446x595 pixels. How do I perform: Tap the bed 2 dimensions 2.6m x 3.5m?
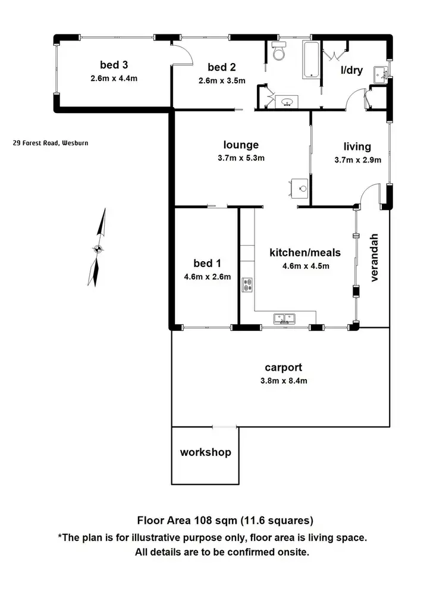click(x=222, y=81)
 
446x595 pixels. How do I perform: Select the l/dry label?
click(x=351, y=70)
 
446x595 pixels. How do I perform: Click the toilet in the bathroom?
click(x=278, y=52)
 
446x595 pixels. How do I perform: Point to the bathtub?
click(x=311, y=60)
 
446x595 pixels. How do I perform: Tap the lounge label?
click(x=241, y=145)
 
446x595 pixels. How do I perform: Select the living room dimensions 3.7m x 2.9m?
click(x=357, y=159)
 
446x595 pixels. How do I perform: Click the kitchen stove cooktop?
click(x=247, y=285)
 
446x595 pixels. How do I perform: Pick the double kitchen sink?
click(x=283, y=318)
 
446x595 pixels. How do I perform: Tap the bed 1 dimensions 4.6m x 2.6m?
click(x=207, y=276)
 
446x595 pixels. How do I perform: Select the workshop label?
click(x=205, y=452)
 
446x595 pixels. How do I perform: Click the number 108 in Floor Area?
click(x=203, y=521)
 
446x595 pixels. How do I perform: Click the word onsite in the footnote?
click(x=291, y=552)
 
